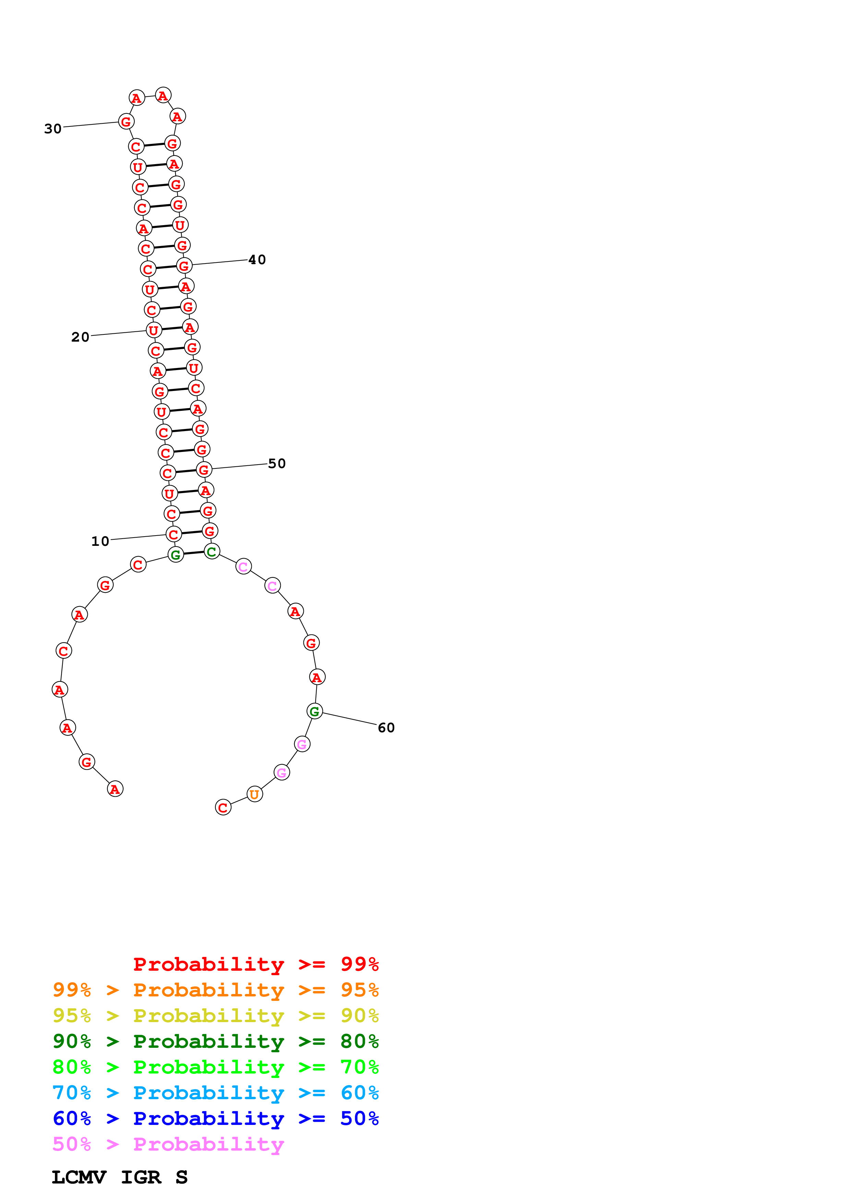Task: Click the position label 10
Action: coord(100,541)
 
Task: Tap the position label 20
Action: coord(80,337)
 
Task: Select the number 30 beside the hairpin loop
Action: coord(53,129)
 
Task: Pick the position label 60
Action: coord(386,728)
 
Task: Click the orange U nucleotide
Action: coord(254,794)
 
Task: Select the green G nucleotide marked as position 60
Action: coord(314,711)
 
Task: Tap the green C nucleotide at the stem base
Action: coord(212,551)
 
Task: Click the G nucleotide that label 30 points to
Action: coord(126,121)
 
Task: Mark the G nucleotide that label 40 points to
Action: coord(184,266)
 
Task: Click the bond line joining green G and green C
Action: coord(194,553)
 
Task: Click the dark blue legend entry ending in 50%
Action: coord(216,1118)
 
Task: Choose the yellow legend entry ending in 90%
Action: coord(216,1016)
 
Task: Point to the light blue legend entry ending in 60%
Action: coord(216,1093)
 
